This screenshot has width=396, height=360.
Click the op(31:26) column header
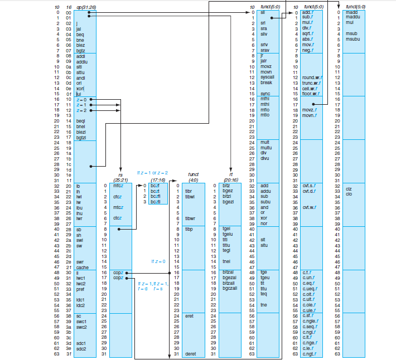pos(85,6)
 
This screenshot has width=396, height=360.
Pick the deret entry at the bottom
pos(190,353)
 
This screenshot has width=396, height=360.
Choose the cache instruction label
pos(82,267)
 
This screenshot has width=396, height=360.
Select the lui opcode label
pos(79,94)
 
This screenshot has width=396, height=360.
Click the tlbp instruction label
pos(189,228)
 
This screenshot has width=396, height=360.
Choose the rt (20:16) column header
pos(230,177)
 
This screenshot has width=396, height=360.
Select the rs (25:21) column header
pos(120,177)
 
